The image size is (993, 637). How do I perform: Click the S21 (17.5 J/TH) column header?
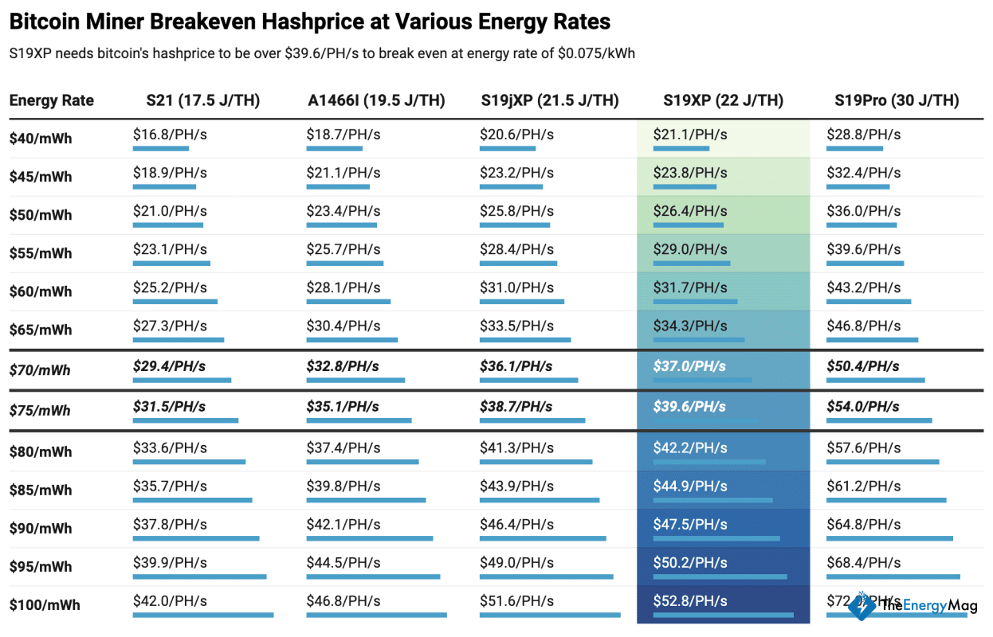[x=202, y=100]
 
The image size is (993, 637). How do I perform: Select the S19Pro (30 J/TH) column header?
[x=897, y=100]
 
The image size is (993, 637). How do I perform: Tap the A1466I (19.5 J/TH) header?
[x=376, y=100]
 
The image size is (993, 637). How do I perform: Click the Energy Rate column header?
[x=52, y=100]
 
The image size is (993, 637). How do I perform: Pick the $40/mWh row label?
[x=40, y=139]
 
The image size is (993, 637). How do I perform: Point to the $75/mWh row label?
[x=40, y=411]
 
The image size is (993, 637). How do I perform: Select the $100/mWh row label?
[x=45, y=605]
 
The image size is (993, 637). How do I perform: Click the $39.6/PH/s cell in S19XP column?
[x=689, y=407]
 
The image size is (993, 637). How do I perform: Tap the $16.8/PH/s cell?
[x=170, y=135]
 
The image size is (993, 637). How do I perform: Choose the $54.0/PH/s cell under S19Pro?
[x=863, y=407]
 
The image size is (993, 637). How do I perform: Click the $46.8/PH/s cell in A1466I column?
[x=343, y=601]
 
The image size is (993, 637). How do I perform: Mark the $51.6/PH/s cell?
[x=516, y=601]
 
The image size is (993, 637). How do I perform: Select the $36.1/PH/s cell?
[x=516, y=366]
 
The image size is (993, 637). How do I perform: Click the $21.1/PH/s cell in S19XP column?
[x=690, y=135]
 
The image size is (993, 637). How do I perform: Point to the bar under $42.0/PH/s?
[x=202, y=615]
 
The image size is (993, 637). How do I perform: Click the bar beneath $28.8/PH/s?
[x=854, y=148]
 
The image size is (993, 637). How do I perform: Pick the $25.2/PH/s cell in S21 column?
[x=170, y=287]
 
